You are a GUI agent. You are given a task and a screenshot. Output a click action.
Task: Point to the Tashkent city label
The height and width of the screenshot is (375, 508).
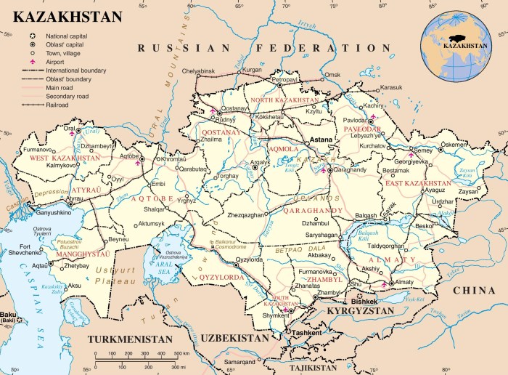click(303, 332)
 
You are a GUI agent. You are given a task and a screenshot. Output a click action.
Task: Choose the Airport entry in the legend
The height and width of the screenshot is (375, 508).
click(55, 61)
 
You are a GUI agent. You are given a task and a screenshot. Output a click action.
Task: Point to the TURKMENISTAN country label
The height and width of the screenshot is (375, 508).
click(130, 339)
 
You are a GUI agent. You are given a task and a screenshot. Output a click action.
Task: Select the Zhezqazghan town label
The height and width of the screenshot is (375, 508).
click(246, 215)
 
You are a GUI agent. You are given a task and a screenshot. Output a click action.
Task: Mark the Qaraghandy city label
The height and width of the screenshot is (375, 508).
click(350, 170)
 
